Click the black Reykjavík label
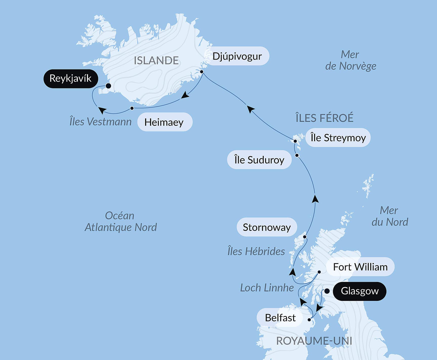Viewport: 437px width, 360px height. coord(71,79)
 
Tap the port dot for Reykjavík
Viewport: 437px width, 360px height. coord(108,86)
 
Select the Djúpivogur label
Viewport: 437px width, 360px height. coord(237,56)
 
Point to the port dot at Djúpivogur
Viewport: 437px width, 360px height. coord(202,72)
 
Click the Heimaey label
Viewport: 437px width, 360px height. coord(164,122)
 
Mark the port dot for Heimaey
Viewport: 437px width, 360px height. coord(132,108)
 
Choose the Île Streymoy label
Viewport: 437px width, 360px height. coord(338,138)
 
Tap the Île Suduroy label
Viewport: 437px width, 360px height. coord(259,160)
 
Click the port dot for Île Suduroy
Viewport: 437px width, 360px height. coord(297,155)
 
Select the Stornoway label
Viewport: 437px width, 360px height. coord(267,227)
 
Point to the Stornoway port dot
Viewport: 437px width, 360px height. coord(305,237)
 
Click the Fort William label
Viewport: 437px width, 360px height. coord(360,267)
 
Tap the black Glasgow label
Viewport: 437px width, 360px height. coord(359,291)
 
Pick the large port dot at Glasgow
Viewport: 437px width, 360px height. coord(327,291)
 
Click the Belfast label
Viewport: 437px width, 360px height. coord(280,318)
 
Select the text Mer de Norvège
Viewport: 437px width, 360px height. coord(350,60)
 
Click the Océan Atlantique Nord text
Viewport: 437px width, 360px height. coord(120,222)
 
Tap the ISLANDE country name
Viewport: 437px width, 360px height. coord(156,61)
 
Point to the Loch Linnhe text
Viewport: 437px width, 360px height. coord(267,287)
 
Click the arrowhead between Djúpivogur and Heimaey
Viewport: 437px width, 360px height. coord(185,95)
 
